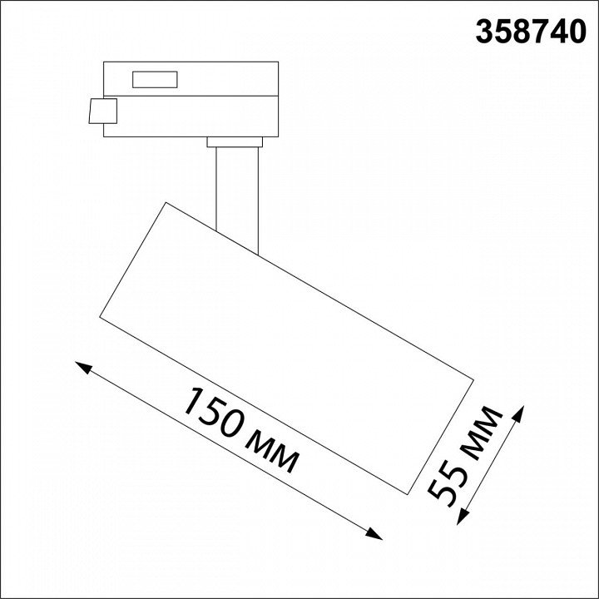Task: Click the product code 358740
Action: point(531,32)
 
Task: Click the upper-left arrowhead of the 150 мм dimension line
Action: point(83,367)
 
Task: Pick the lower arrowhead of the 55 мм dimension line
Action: point(462,517)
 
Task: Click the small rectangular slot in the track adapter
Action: point(155,80)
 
